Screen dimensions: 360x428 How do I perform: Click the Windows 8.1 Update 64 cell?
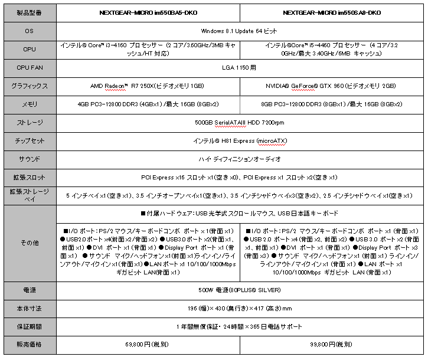pyautogui.click(x=240, y=31)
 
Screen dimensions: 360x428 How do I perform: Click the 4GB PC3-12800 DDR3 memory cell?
pyautogui.click(x=148, y=104)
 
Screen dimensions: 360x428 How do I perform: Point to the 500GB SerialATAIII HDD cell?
pyautogui.click(x=240, y=123)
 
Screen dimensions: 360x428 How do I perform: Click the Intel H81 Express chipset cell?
pyautogui.click(x=240, y=141)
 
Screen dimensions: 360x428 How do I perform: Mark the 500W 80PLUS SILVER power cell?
pyautogui.click(x=240, y=290)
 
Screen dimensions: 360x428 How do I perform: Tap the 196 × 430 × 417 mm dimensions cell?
pyautogui.click(x=240, y=308)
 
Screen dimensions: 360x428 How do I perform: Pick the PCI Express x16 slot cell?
pyautogui.click(x=240, y=177)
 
